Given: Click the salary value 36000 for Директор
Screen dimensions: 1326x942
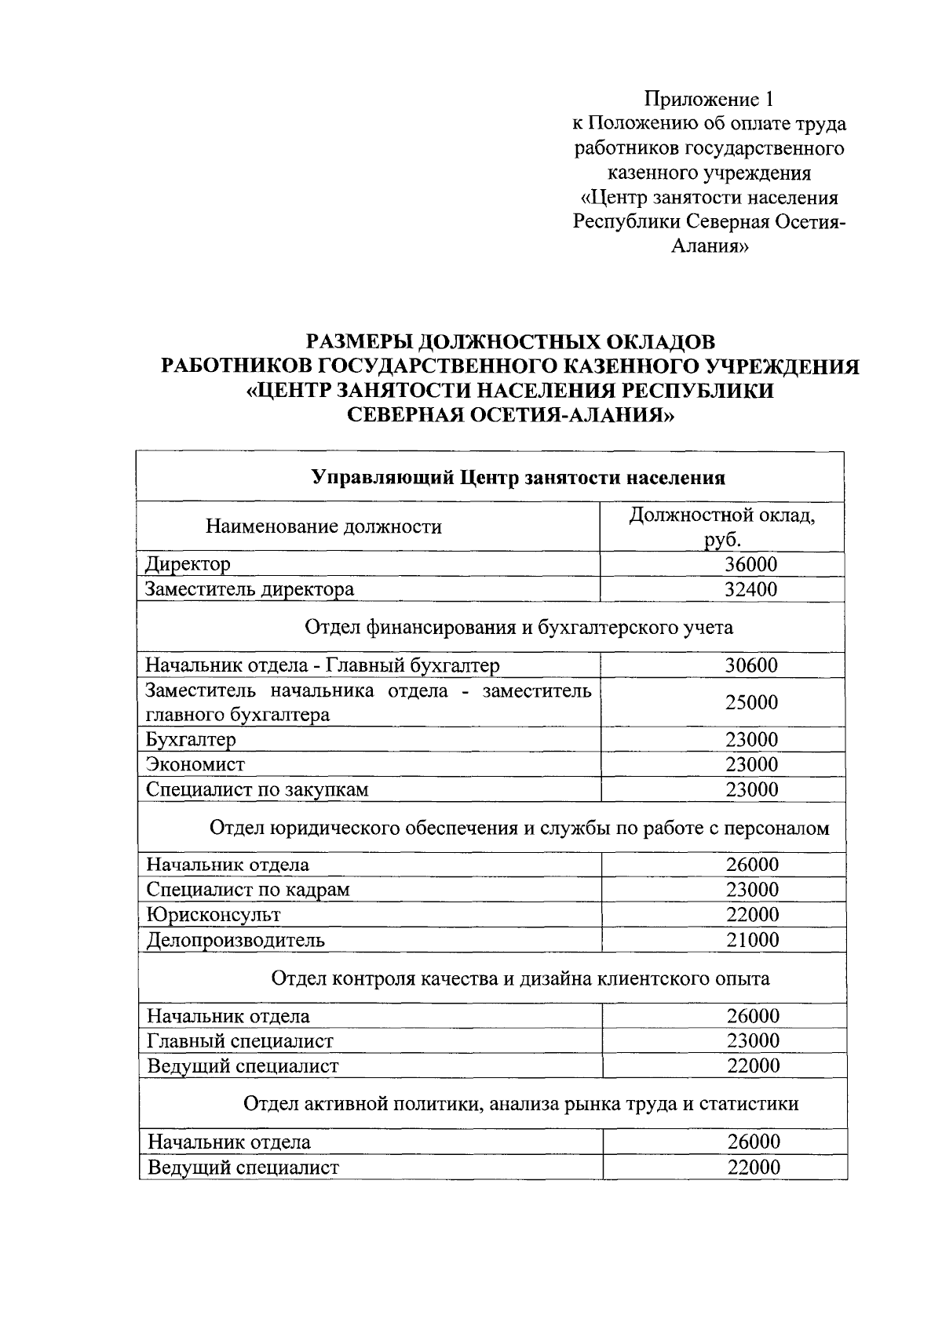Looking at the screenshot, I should click(750, 564).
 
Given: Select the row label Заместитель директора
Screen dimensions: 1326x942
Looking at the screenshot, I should click(250, 589).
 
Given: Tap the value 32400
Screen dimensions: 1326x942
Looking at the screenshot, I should click(750, 589).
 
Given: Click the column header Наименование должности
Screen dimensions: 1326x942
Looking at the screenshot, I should click(323, 526).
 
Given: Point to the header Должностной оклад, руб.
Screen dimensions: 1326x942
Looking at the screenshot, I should click(722, 526).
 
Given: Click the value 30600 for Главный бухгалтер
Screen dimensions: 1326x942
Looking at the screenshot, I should click(750, 665).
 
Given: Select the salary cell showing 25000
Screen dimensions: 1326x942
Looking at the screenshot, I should click(751, 702).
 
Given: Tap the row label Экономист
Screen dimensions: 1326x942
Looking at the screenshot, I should click(195, 764).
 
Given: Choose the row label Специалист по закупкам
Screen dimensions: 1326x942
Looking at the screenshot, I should click(257, 789).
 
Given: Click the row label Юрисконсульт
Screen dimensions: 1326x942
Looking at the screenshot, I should click(214, 915).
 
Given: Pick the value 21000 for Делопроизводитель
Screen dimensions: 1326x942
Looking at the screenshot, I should click(752, 940).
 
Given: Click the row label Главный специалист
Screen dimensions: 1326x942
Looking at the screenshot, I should click(240, 1041).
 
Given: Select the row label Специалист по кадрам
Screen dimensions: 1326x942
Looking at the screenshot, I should click(248, 890).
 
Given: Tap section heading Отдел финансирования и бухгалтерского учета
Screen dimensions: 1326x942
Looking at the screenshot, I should click(518, 627).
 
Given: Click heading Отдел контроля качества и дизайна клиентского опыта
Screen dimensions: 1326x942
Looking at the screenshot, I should click(520, 978).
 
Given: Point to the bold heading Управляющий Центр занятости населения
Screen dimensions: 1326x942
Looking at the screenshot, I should click(518, 478).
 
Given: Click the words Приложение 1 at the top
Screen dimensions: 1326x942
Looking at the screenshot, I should click(709, 99).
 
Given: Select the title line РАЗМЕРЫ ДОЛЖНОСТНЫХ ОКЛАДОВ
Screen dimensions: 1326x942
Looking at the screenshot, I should click(510, 342).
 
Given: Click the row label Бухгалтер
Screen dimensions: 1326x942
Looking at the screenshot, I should click(191, 739).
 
